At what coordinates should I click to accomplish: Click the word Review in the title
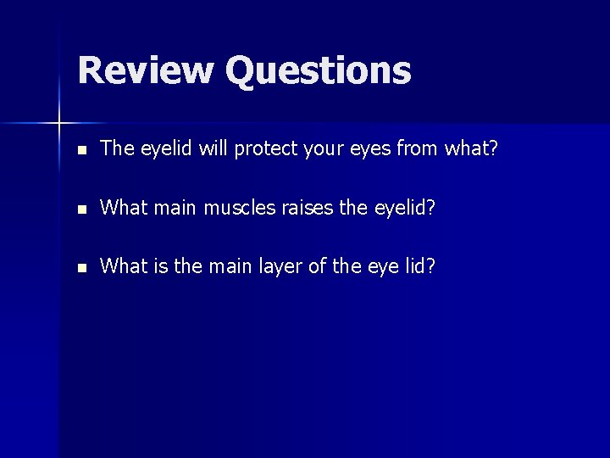[145, 70]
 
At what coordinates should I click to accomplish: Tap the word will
[212, 148]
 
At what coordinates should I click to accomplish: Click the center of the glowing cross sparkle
[59, 124]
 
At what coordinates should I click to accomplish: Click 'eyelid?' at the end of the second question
[406, 207]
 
